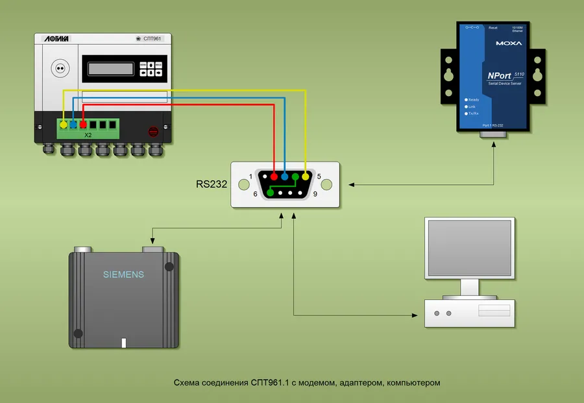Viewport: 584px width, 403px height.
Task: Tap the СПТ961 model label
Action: coord(152,40)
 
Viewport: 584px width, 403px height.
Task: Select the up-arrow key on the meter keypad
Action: coord(151,66)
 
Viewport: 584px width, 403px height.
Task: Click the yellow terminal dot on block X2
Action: coord(63,123)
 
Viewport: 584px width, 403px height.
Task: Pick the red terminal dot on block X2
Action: coord(83,123)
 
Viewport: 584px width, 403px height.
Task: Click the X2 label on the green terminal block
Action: coord(88,136)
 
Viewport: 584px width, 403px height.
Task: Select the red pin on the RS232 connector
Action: coord(274,177)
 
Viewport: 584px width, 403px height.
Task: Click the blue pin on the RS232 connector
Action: coord(284,177)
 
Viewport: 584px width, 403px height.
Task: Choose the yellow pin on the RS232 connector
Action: coord(306,177)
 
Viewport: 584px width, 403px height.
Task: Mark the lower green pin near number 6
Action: coord(270,193)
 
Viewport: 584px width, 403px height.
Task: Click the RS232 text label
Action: coord(212,184)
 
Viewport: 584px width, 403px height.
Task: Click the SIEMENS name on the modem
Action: coord(123,275)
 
